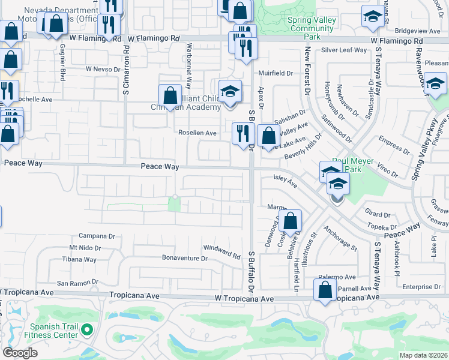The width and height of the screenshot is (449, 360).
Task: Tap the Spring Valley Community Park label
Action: click(312, 28)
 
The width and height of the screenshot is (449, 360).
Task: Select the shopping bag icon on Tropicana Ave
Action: click(325, 290)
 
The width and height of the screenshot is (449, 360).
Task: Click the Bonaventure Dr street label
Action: click(184, 259)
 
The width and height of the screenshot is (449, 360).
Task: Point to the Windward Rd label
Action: click(221, 251)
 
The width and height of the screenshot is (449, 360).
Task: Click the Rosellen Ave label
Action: click(196, 133)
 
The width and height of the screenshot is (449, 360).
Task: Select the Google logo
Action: click(20, 353)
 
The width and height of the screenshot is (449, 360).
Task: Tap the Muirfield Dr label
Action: click(276, 73)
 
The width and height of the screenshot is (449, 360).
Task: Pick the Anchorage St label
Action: click(340, 238)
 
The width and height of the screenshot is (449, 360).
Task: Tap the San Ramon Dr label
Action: click(77, 283)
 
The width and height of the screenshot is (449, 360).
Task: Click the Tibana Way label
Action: click(79, 260)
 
